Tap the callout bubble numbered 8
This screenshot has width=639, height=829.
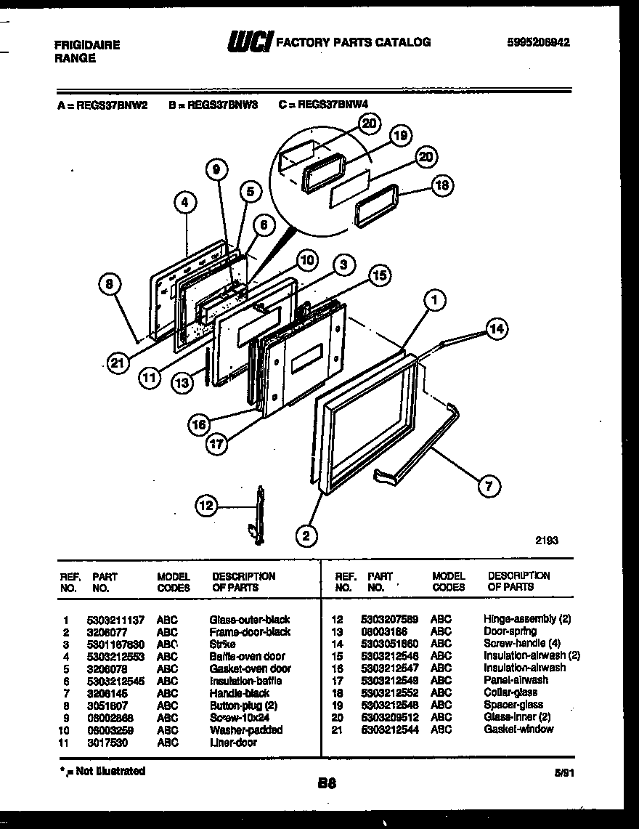tap(109, 286)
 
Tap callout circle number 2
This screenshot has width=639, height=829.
tap(306, 537)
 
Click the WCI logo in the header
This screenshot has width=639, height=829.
tap(249, 43)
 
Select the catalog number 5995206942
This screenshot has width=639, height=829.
tap(537, 43)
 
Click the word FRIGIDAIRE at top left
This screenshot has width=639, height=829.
tap(87, 45)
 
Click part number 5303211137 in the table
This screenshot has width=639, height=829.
tap(115, 620)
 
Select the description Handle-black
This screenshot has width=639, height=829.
tap(239, 693)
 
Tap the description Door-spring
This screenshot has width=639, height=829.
tap(510, 631)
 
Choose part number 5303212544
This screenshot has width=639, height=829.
tap(390, 729)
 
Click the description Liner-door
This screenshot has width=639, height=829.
tap(232, 743)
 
